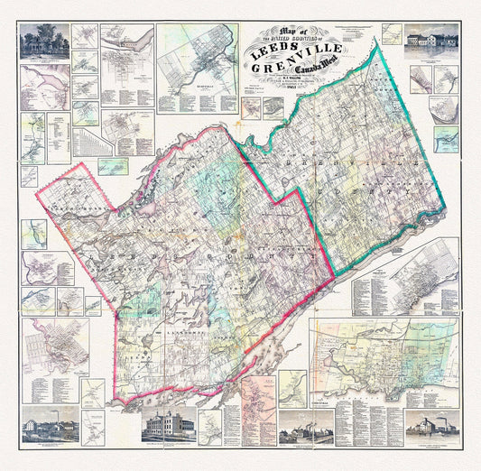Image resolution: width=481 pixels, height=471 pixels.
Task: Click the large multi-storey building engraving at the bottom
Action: point(167,425)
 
